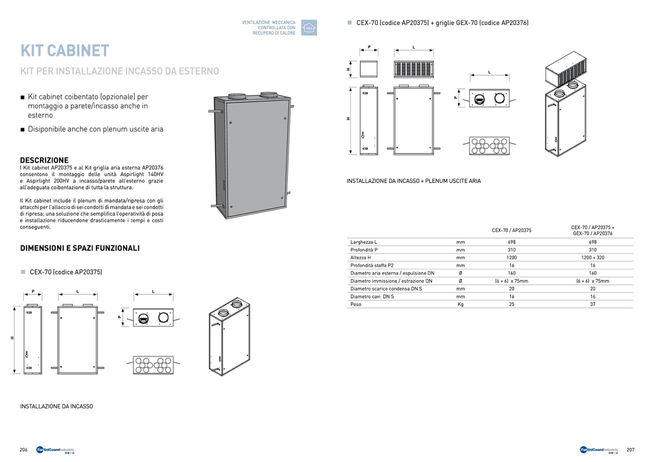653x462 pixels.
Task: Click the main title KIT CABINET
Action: (65, 51)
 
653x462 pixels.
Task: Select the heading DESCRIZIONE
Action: (44, 160)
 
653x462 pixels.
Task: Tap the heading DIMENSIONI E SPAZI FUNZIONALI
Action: (80, 248)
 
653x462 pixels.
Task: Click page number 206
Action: (24, 450)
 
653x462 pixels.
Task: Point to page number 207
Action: (630, 450)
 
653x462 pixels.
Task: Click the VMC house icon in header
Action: (309, 28)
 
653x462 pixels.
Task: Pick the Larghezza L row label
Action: (364, 242)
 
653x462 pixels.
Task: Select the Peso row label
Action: (356, 304)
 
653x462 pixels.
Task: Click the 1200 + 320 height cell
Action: (592, 258)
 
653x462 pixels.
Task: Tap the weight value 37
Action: (592, 304)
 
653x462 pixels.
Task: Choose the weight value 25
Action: (511, 304)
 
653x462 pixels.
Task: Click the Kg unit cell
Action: (460, 304)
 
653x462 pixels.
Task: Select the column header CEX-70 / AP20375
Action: (511, 230)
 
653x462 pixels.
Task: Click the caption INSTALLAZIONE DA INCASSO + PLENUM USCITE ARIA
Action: (414, 181)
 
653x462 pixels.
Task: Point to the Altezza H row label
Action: (361, 258)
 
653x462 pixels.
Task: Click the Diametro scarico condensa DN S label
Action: (386, 289)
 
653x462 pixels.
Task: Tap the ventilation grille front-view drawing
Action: (414, 69)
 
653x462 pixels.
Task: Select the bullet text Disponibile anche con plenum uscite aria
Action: (95, 129)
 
